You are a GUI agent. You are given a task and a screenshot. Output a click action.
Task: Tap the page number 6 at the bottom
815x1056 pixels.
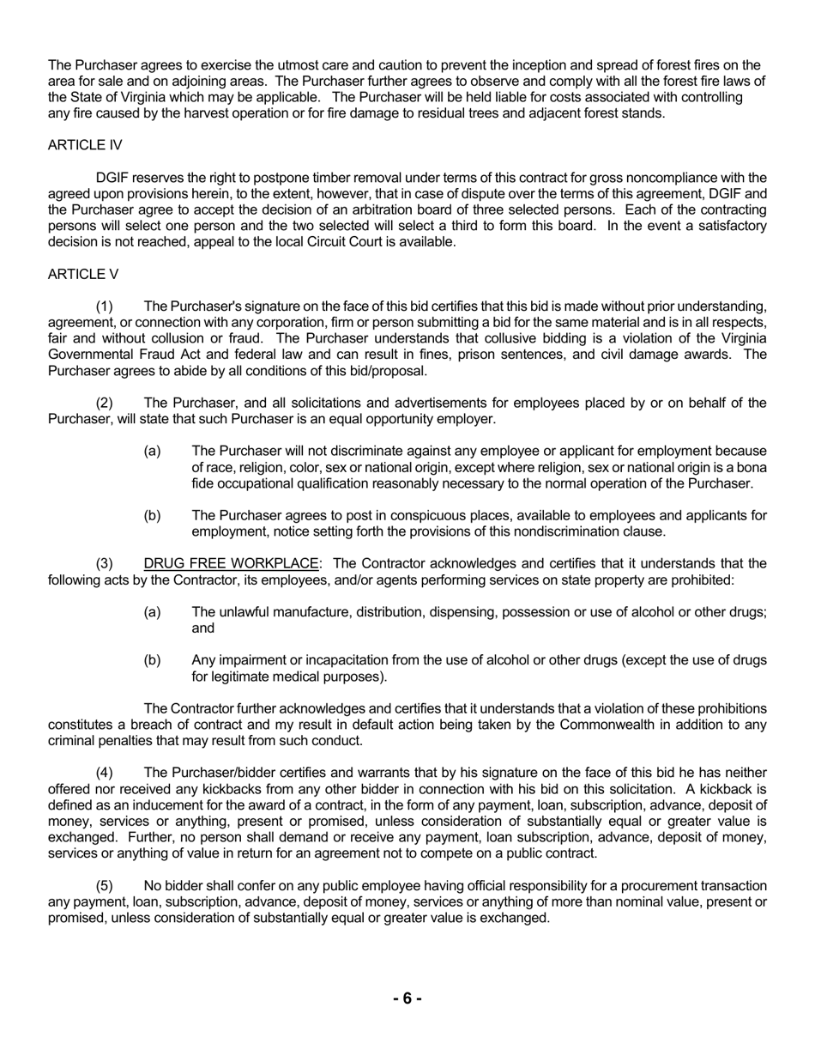(407, 998)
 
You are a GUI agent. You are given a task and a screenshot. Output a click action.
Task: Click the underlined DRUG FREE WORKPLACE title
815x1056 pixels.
(231, 564)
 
